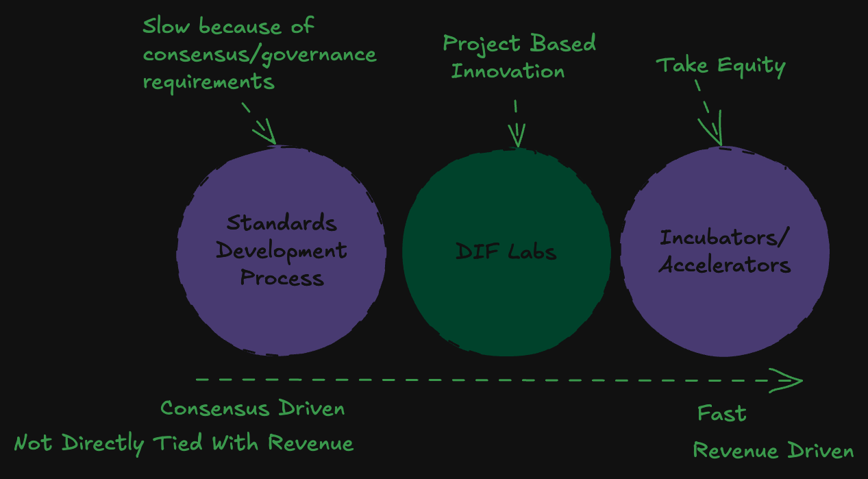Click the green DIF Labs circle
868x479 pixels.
coord(506,302)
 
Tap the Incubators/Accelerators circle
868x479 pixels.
coord(725,308)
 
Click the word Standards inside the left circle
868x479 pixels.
coord(282,223)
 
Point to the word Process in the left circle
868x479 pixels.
coord(282,278)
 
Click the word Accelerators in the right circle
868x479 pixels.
coord(725,265)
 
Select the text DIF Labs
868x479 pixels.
coord(506,251)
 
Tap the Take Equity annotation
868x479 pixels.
coord(721,66)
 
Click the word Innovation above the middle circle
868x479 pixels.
coord(508,71)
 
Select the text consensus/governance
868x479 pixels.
coord(260,54)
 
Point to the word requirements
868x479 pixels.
coord(208,82)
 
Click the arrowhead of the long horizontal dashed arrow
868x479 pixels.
coord(788,380)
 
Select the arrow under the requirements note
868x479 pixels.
coord(260,123)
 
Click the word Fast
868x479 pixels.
coord(721,414)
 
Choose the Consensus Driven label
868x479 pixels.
coord(252,408)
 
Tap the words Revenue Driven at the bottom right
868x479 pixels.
coord(773,451)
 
